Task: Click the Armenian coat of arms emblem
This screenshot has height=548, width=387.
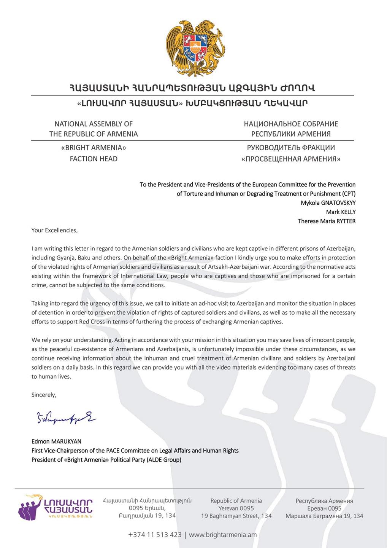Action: point(195,47)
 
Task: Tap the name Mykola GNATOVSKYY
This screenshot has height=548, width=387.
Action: point(328,203)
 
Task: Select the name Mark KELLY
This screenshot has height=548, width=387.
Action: point(341,212)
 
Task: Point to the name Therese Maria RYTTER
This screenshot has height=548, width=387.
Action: point(327,221)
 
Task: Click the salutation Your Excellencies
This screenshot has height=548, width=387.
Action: point(54,230)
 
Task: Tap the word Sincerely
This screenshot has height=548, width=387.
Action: point(44,395)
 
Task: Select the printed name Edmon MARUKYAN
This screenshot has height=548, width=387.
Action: point(56,441)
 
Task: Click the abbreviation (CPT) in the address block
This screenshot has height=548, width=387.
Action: point(349,194)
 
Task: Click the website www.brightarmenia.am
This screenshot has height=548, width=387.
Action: point(223,535)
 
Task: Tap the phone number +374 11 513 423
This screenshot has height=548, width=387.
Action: point(155,535)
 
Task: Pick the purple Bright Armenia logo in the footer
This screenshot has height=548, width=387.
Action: point(55,507)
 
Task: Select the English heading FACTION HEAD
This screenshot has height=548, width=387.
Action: point(94,159)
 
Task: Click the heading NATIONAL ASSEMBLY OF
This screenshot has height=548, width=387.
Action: point(94,124)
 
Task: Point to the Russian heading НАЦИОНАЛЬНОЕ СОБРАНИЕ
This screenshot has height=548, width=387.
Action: point(291,124)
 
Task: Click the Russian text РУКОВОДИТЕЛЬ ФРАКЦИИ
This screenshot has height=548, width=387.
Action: point(291,148)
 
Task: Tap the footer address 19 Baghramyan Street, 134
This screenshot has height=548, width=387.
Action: point(236,516)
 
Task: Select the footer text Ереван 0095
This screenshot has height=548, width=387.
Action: point(324,508)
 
